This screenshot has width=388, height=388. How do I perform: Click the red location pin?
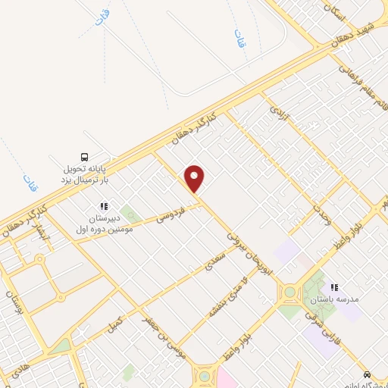point(195,178)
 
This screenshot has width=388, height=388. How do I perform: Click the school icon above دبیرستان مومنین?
point(105,205)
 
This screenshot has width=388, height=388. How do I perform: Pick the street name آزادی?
point(279,115)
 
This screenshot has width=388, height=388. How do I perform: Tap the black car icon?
point(367,374)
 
